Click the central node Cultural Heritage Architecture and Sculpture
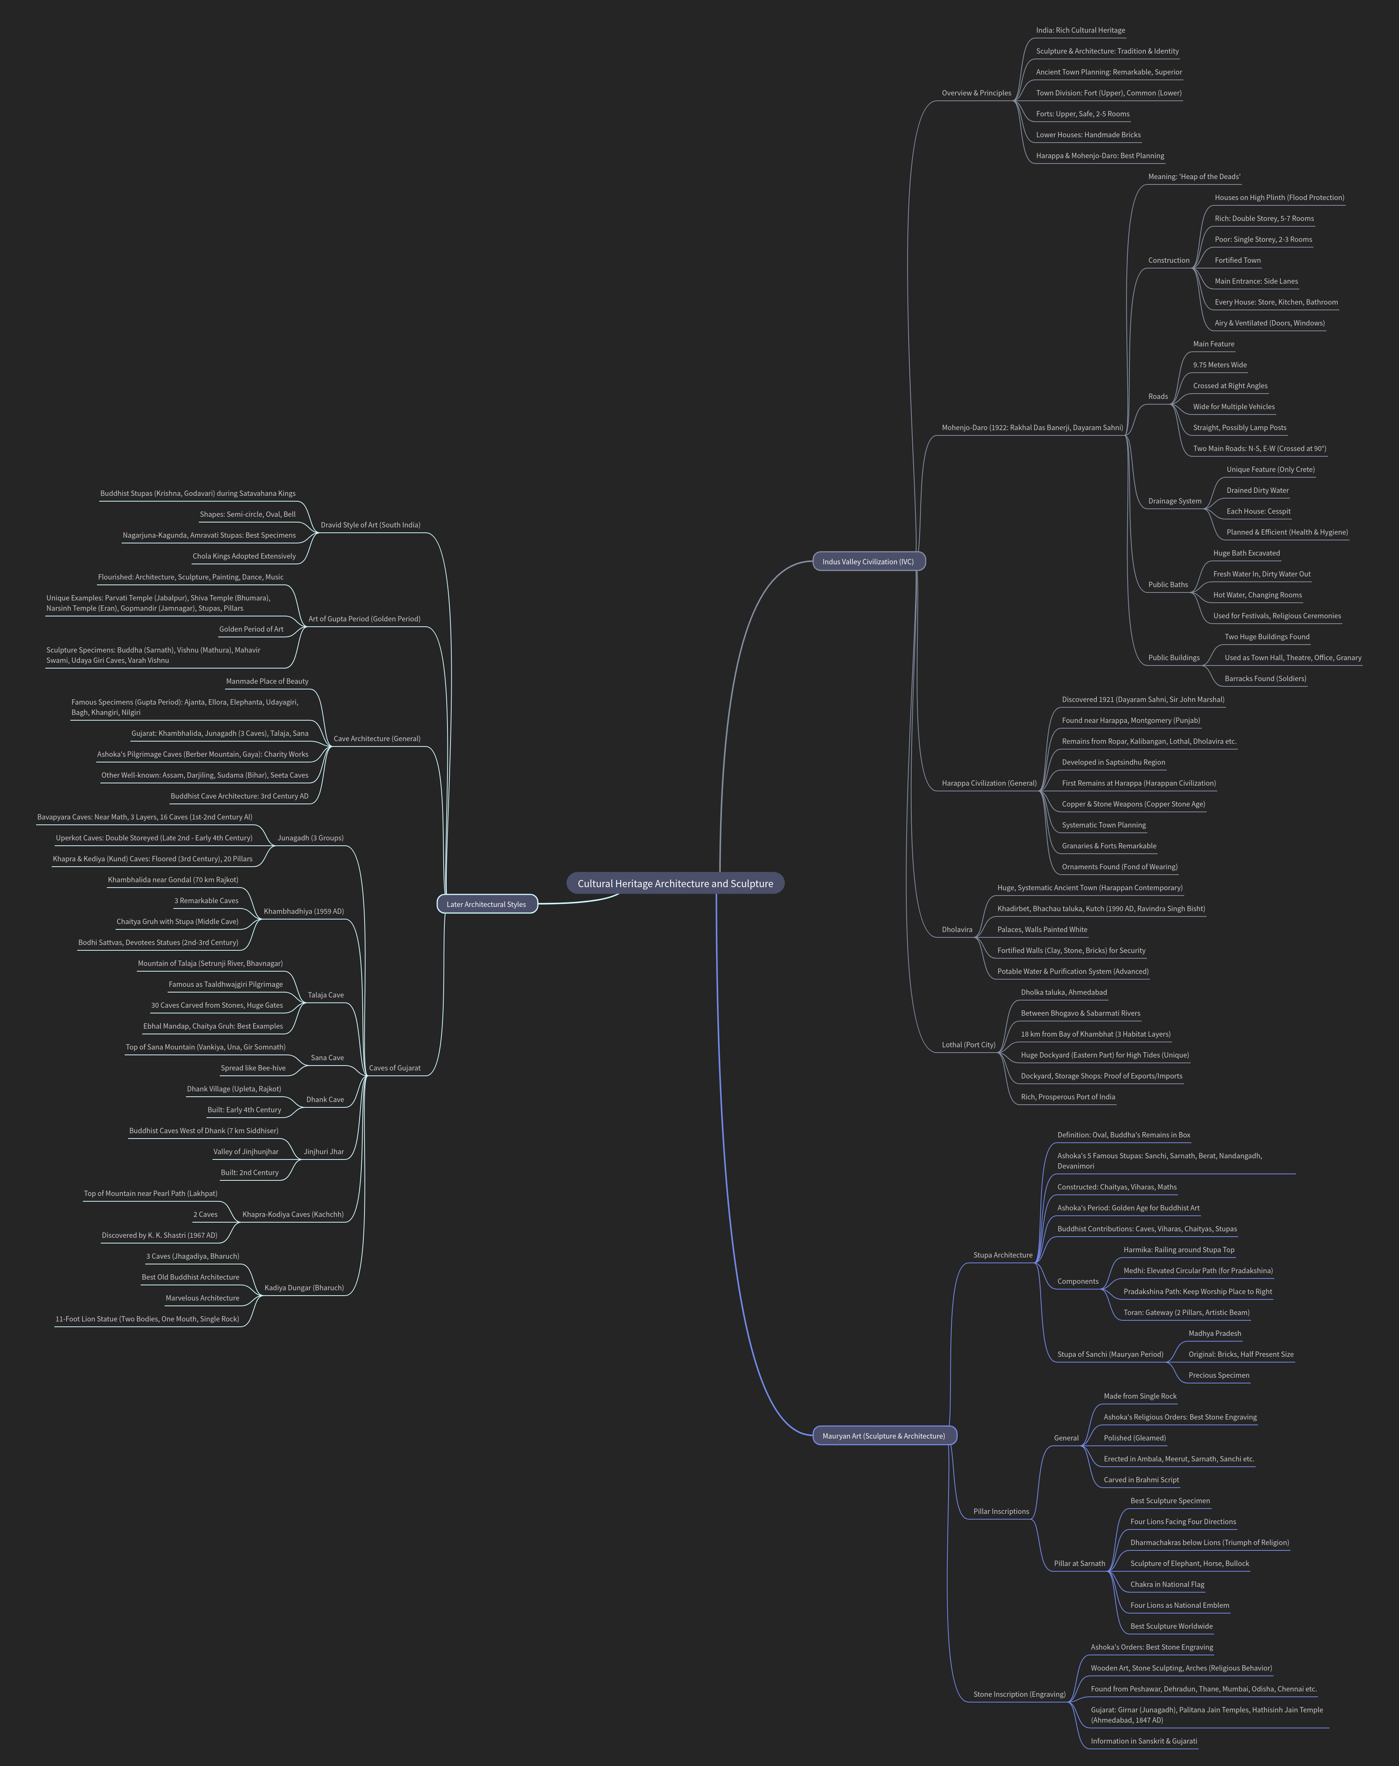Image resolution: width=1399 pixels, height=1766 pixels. pos(675,883)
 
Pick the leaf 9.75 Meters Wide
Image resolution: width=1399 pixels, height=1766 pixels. pos(1220,365)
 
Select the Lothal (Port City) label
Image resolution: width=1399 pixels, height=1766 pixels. pos(968,1044)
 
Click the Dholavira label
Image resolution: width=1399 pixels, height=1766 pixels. pos(957,929)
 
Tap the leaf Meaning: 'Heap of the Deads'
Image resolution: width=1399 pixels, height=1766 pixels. pos(1193,176)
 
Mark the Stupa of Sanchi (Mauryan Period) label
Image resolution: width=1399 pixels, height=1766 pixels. pos(1110,1354)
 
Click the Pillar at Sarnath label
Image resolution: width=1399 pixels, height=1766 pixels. pos(1079,1563)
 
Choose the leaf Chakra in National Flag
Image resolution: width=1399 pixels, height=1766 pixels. pos(1166,1584)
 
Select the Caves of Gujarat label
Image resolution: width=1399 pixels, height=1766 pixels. pos(394,1067)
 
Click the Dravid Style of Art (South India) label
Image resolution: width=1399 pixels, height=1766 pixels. pos(370,524)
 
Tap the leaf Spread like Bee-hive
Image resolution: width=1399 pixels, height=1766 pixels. pos(253,1067)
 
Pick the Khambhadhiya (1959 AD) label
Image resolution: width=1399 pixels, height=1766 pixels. pos(303,911)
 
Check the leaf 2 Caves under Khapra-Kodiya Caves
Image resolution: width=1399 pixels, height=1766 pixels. pos(206,1214)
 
